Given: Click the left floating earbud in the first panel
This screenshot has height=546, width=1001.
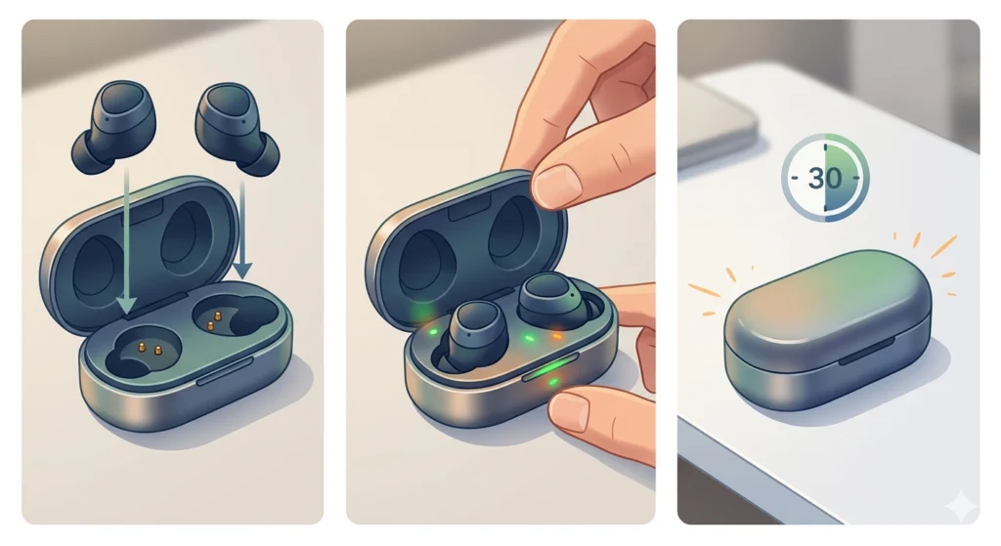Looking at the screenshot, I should [109, 128].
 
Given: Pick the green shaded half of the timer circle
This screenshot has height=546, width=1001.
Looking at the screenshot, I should [846, 180].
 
